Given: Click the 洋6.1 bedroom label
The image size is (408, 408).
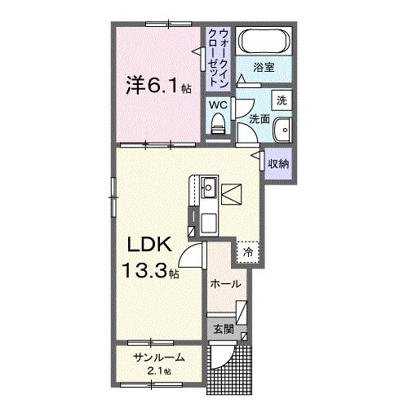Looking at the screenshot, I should (152, 83).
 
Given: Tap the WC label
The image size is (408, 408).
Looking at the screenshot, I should (217, 105).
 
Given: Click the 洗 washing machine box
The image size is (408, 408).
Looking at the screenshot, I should (282, 100).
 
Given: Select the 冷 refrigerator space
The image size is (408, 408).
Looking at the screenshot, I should (247, 254).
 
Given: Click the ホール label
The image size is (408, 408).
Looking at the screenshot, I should (225, 284).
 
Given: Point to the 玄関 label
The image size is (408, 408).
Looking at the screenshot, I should (224, 330).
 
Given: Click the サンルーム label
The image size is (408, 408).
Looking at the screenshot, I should (157, 357).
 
